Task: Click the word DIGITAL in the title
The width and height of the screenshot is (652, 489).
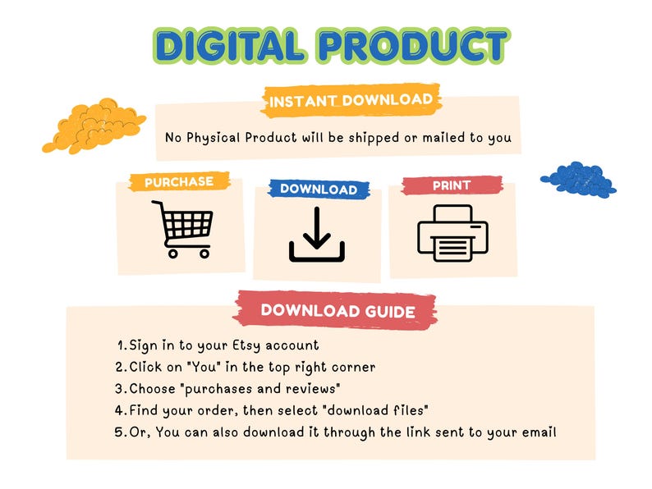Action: pyautogui.click(x=230, y=45)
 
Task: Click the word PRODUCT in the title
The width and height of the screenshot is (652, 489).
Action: pyautogui.click(x=414, y=45)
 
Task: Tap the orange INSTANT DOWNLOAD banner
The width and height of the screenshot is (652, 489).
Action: pyautogui.click(x=351, y=100)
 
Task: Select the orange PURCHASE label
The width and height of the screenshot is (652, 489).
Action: pyautogui.click(x=179, y=181)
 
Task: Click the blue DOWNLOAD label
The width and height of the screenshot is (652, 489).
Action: pyautogui.click(x=319, y=189)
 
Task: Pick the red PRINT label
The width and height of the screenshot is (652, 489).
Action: pyautogui.click(x=452, y=185)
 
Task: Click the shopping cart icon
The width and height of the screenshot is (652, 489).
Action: pyautogui.click(x=183, y=229)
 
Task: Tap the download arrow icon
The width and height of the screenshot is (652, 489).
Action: pyautogui.click(x=317, y=235)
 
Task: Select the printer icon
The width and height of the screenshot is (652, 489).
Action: pyautogui.click(x=452, y=233)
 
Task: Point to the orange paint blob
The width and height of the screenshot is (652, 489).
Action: pyautogui.click(x=94, y=126)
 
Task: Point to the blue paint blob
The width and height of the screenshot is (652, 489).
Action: pyautogui.click(x=578, y=180)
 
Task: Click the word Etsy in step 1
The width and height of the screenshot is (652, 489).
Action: pyautogui.click(x=246, y=345)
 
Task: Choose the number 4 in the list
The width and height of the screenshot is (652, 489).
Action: pyautogui.click(x=120, y=410)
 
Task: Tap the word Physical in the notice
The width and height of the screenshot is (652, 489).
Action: pyautogui.click(x=214, y=138)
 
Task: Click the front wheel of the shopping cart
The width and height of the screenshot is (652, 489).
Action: pyautogui.click(x=204, y=254)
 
